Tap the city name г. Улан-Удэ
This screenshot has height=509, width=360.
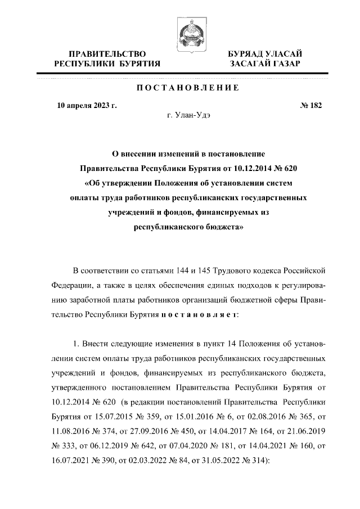point(187,116)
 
